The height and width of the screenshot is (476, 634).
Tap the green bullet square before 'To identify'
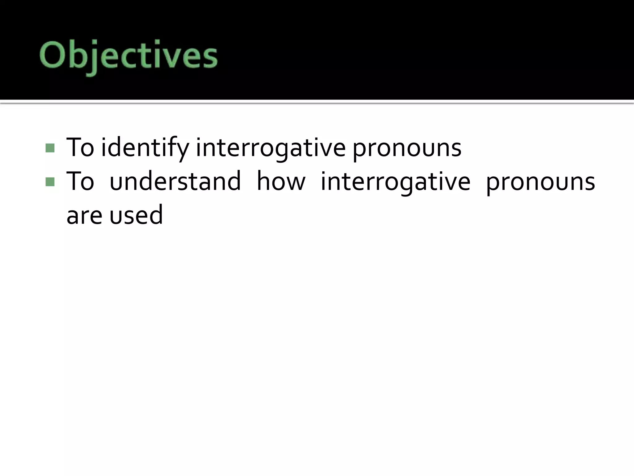pyautogui.click(x=50, y=148)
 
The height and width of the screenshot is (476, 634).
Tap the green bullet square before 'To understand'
pyautogui.click(x=50, y=182)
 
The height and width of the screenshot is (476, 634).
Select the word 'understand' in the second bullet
pyautogui.click(x=175, y=181)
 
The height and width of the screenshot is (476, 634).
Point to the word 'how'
pyautogui.click(x=281, y=181)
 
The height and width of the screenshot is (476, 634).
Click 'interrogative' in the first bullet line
pyautogui.click(x=271, y=148)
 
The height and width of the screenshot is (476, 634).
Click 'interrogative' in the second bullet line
pyautogui.click(x=395, y=181)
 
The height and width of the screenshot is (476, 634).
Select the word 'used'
pyautogui.click(x=136, y=215)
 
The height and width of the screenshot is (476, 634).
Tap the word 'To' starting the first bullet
pyautogui.click(x=80, y=148)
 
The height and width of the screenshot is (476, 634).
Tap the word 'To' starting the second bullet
pyautogui.click(x=80, y=181)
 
